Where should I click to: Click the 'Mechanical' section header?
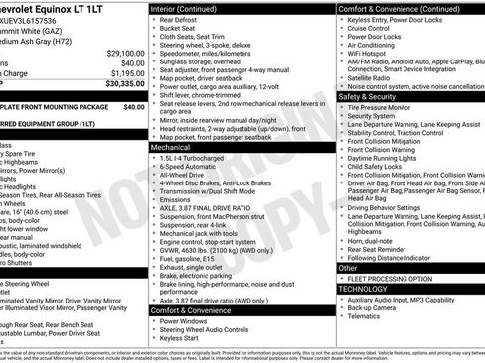171,146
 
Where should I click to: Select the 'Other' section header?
349,267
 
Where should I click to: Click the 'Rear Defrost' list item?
186,20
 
